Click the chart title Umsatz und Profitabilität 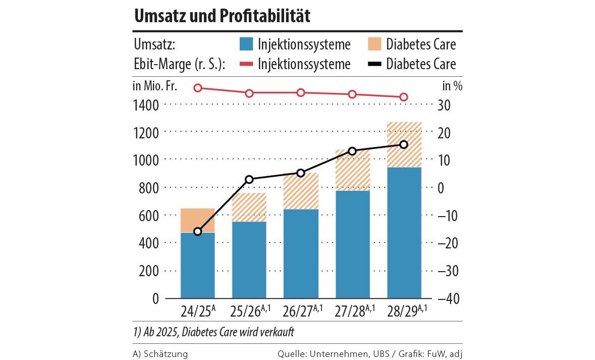tap(222, 16)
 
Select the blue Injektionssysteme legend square tap(246, 44)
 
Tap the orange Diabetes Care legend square tap(374, 44)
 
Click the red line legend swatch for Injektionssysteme tap(246, 64)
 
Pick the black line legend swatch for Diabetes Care tap(374, 64)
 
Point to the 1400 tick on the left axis tap(146, 105)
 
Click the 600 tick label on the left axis tap(149, 216)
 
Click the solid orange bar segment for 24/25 tap(198, 220)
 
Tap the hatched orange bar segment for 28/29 tap(404, 144)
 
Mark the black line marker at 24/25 tap(198, 232)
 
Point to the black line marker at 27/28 tap(352, 151)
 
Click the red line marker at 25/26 tap(249, 93)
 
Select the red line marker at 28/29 tap(404, 97)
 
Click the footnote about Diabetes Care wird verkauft tap(213, 333)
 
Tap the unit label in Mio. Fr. tap(155, 85)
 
